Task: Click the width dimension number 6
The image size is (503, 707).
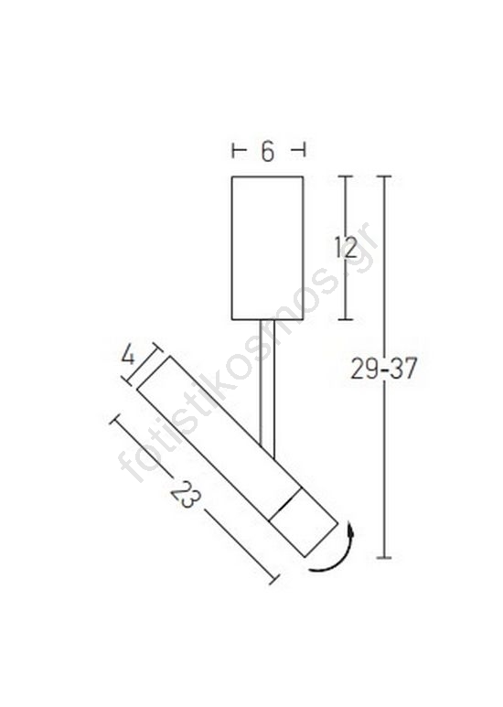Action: point(267,152)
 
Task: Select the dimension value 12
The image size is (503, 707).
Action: point(346,247)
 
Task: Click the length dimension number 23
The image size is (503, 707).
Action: point(186,495)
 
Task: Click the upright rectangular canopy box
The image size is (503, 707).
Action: point(267,248)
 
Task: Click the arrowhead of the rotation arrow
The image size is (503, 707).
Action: point(350,528)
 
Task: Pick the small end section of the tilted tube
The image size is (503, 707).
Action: point(303,522)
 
